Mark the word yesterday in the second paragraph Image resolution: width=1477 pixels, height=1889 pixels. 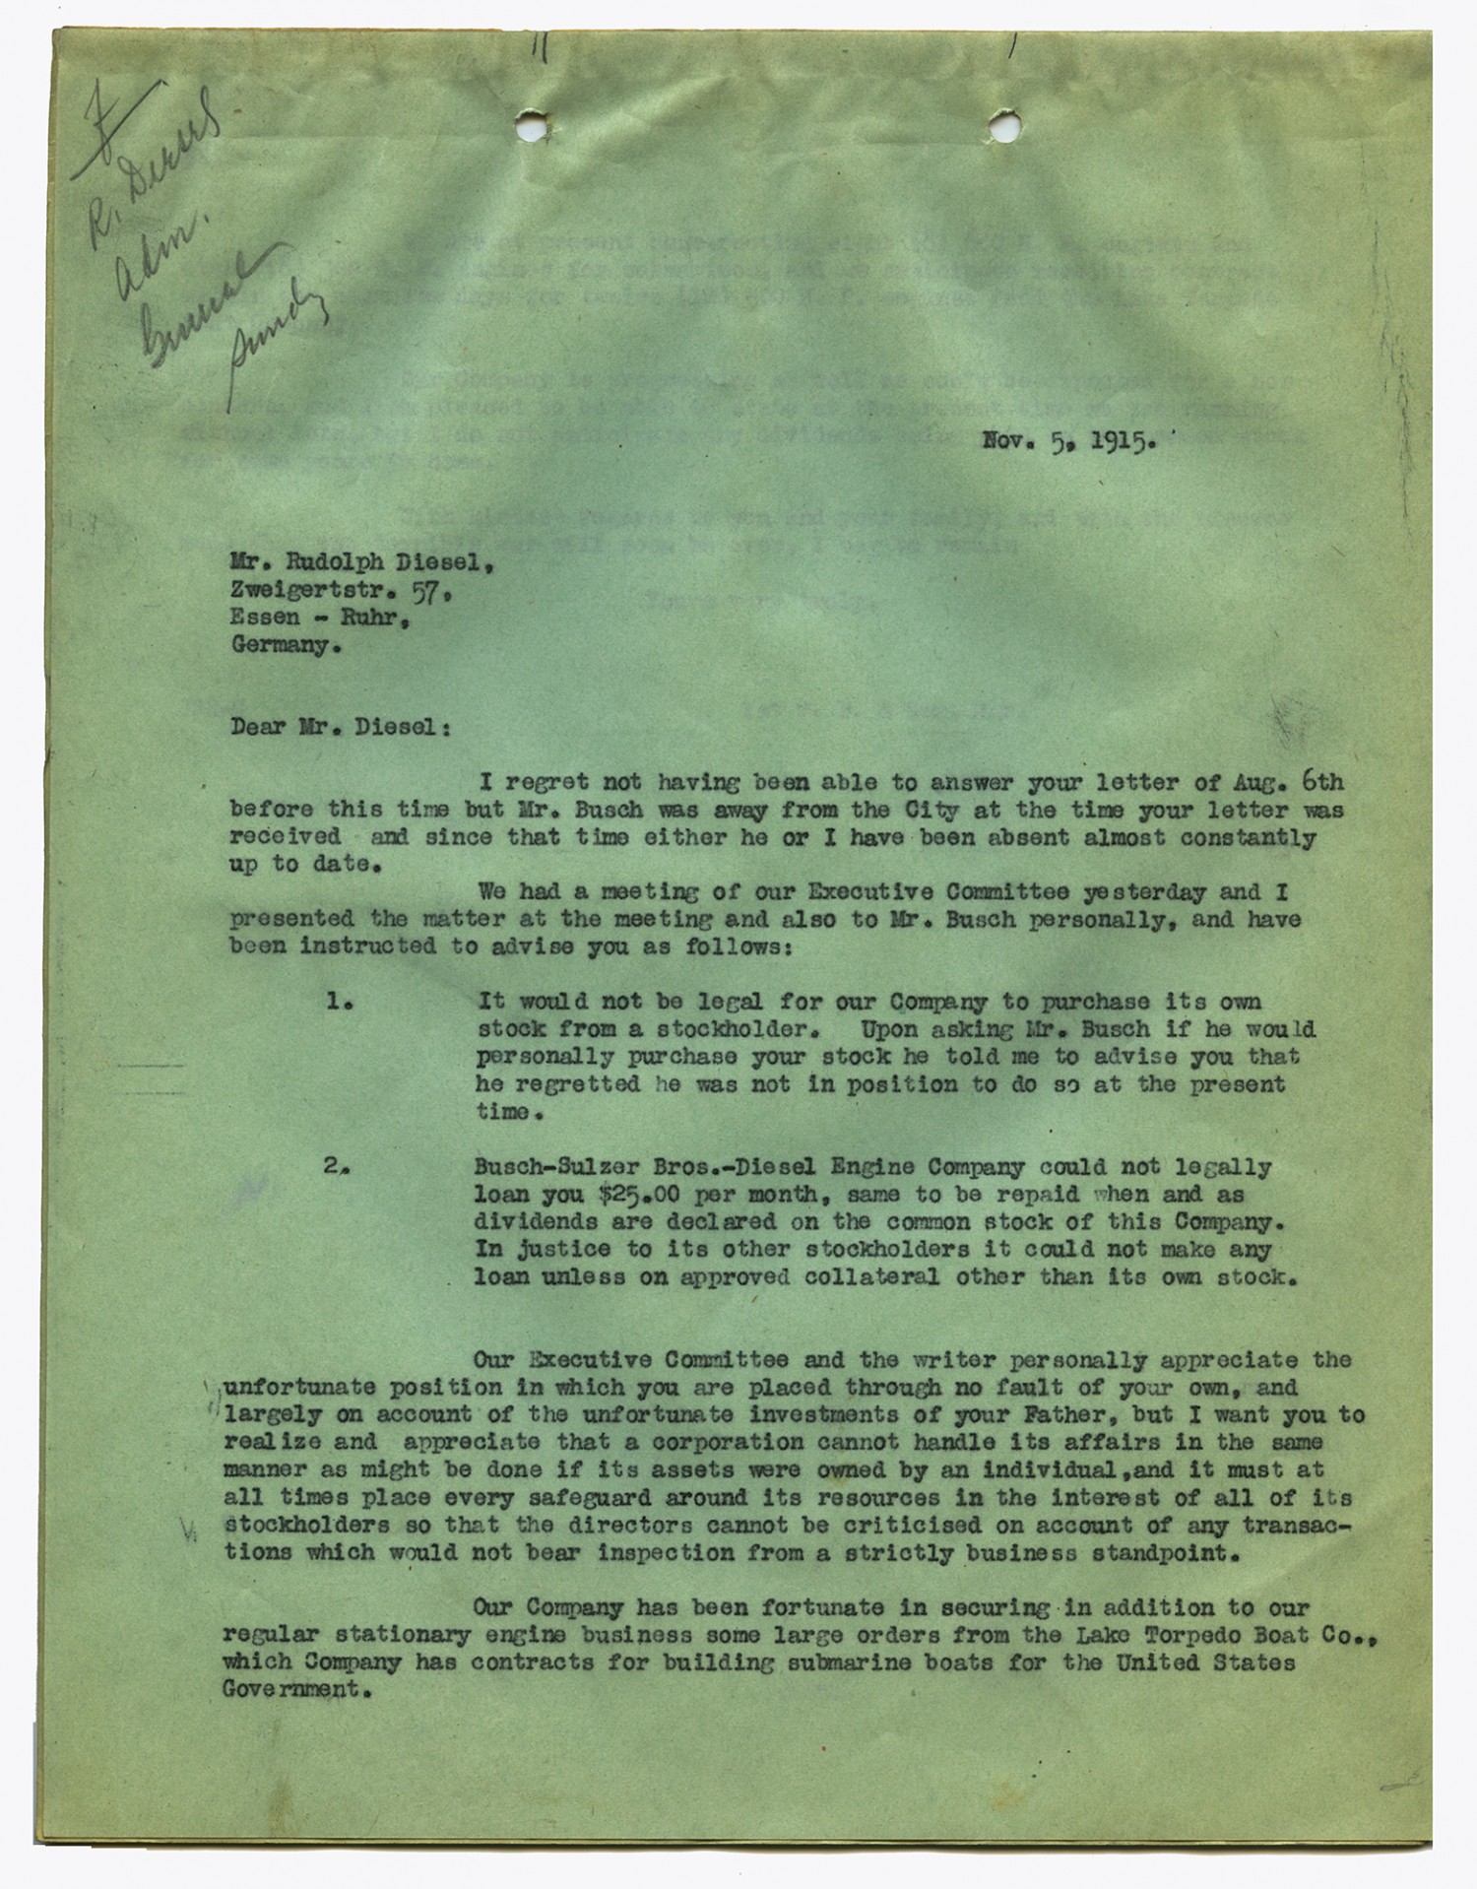coord(1145,892)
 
